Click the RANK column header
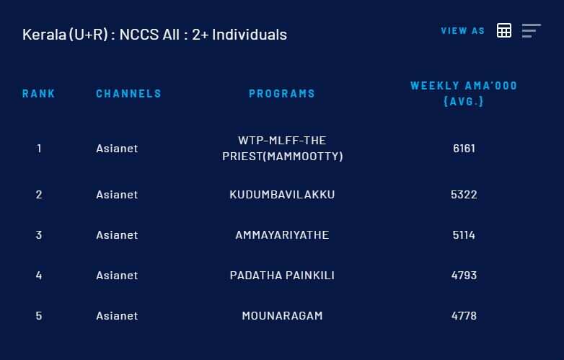(x=38, y=94)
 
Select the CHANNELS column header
(x=128, y=94)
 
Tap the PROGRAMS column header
(x=282, y=94)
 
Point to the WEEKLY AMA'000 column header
(x=464, y=94)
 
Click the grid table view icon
(x=504, y=30)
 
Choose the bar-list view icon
(x=532, y=30)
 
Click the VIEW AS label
(x=463, y=31)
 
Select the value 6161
(x=464, y=148)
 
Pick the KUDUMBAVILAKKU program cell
(x=282, y=195)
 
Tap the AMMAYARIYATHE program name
(x=282, y=235)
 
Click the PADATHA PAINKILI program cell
(x=282, y=275)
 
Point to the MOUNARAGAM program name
(x=282, y=316)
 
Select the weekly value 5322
(x=464, y=195)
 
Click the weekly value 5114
(x=464, y=235)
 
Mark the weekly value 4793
(x=464, y=275)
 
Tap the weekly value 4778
(x=464, y=316)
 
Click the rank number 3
(x=39, y=235)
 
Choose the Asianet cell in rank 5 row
(x=117, y=316)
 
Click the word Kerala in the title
(x=44, y=35)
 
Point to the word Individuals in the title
(x=250, y=35)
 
